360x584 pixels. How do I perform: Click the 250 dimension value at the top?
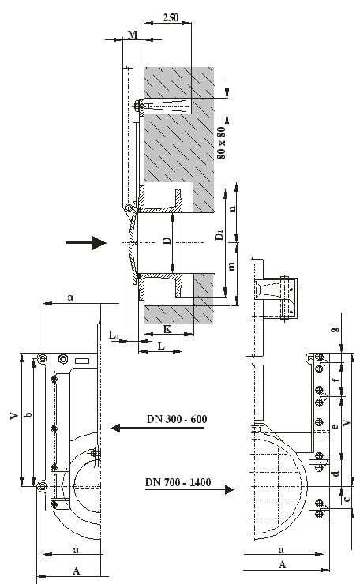point(171,17)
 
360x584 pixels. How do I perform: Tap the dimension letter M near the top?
point(133,35)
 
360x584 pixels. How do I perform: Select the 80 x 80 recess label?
point(221,144)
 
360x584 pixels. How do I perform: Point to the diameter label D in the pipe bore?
point(167,241)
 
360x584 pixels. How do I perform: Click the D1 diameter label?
point(219,235)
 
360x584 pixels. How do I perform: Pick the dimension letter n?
point(233,208)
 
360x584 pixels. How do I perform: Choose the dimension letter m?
point(232,266)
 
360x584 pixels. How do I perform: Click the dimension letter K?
point(167,329)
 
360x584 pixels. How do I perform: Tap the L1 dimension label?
point(114,335)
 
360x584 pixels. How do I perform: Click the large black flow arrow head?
point(99,243)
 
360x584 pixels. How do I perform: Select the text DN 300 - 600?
point(177,419)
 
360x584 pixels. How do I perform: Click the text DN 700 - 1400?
point(178,482)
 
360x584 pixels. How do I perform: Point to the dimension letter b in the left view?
point(28,414)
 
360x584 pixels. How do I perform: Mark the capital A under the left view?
point(76,571)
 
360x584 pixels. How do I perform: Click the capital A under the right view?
point(282,564)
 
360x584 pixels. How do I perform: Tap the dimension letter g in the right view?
point(336,329)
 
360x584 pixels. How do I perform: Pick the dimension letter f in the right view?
point(336,380)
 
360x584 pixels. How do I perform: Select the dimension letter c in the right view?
point(347,498)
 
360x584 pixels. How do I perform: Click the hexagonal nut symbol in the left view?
point(63,359)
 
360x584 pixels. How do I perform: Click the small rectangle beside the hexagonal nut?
point(82,361)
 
